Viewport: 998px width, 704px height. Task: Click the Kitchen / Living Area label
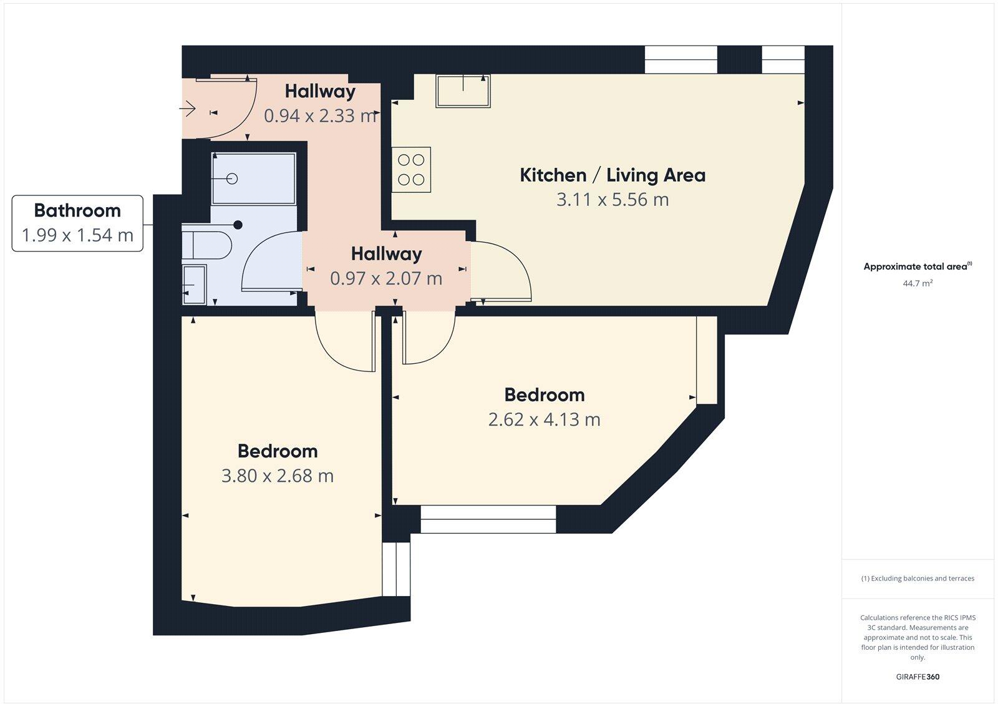613,175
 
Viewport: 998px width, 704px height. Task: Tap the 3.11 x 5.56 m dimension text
613,200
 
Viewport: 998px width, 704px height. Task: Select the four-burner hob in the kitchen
411,170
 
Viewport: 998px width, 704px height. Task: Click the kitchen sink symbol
463,91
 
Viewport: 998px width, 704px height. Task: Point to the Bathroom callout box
77,223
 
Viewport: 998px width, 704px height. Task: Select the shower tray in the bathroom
253,179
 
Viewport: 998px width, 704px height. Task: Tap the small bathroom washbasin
194,285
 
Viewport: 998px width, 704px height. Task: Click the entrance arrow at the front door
188,110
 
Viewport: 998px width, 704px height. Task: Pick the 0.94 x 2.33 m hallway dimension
320,115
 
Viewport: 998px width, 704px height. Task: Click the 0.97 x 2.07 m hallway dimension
386,278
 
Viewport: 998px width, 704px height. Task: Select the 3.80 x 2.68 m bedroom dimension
278,476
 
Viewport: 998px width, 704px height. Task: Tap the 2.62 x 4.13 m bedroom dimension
544,419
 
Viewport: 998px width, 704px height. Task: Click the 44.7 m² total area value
918,283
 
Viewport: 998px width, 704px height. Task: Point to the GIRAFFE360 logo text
918,677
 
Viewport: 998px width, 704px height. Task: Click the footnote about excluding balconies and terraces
918,579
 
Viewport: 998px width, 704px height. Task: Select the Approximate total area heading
916,266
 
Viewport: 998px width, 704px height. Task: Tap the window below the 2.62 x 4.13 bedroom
488,519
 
